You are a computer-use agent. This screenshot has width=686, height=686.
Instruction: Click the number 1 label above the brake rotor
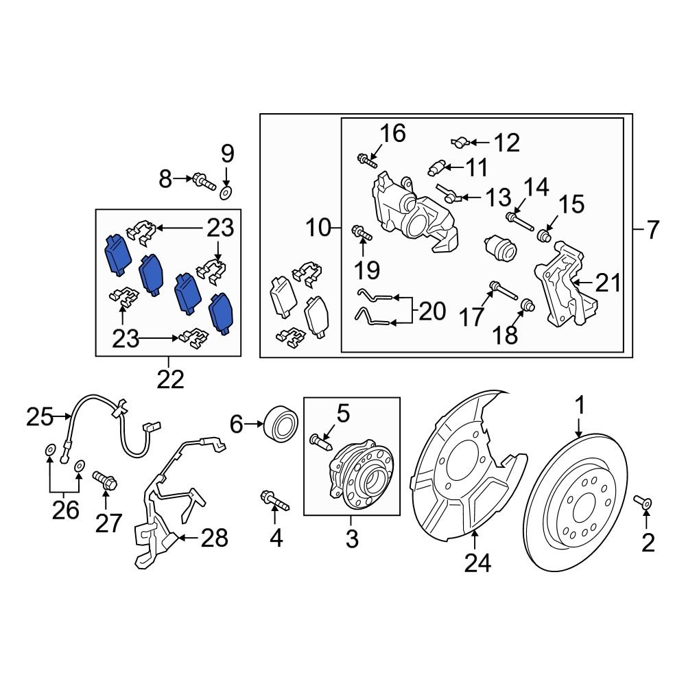click(x=580, y=407)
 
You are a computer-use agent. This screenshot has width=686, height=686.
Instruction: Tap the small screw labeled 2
click(x=643, y=504)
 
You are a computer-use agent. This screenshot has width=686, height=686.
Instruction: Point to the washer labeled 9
click(x=226, y=190)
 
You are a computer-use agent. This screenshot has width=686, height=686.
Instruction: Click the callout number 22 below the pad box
click(x=169, y=379)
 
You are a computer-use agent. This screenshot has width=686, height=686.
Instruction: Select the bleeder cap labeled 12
click(x=460, y=143)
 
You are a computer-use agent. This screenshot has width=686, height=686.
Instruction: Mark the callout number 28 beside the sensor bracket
click(x=213, y=539)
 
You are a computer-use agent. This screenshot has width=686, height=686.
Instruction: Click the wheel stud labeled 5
click(x=320, y=440)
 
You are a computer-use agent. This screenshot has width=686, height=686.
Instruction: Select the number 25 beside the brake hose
click(x=40, y=415)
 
